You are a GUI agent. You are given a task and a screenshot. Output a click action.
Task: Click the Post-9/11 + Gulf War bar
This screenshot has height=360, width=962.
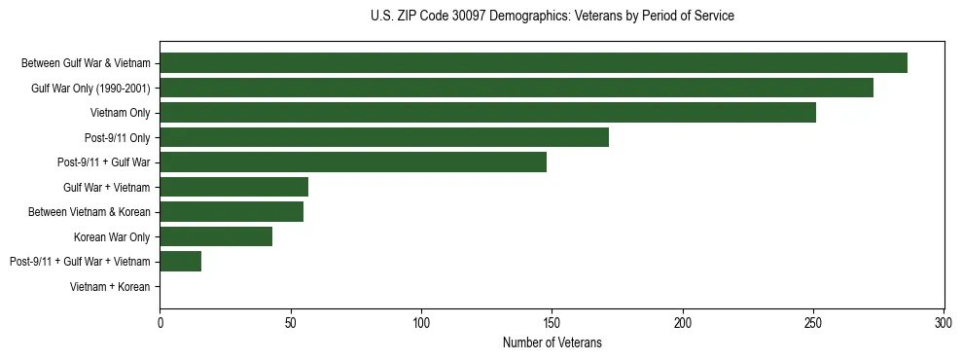tap(353, 162)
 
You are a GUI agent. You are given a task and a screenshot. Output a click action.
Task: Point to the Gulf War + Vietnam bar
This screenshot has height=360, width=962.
tap(233, 187)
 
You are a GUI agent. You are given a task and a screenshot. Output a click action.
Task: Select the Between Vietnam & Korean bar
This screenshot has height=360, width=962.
tap(232, 211)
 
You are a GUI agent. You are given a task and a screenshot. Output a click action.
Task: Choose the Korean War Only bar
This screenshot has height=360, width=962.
tap(216, 236)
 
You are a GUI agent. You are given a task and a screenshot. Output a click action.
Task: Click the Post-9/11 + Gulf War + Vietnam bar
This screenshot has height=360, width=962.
tap(181, 261)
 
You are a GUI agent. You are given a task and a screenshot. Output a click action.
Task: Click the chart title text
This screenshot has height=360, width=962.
tap(552, 17)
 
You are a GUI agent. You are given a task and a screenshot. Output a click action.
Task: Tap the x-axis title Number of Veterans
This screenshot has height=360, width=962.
tap(552, 343)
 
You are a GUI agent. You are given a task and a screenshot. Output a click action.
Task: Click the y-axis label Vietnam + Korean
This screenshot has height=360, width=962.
tap(110, 287)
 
